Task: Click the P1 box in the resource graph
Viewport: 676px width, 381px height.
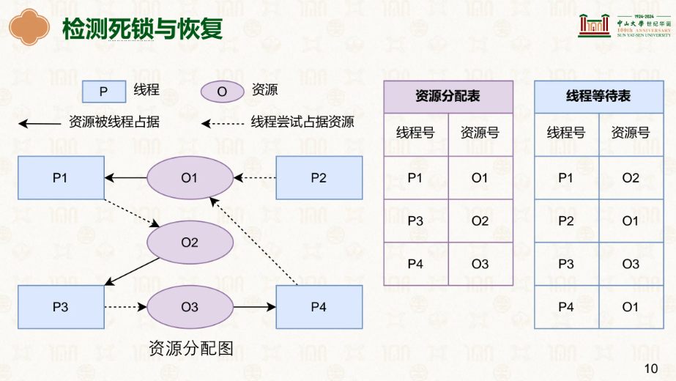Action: pyautogui.click(x=61, y=178)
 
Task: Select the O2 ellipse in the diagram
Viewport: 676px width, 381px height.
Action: pyautogui.click(x=190, y=243)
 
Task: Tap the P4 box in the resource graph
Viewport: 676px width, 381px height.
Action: pyautogui.click(x=319, y=307)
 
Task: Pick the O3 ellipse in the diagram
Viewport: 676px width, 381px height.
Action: pyautogui.click(x=190, y=307)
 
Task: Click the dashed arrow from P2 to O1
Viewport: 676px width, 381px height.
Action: pyautogui.click(x=255, y=178)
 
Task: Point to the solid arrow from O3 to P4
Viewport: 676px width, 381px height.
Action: pyautogui.click(x=255, y=307)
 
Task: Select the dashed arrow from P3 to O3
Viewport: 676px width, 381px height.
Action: pyautogui.click(x=125, y=307)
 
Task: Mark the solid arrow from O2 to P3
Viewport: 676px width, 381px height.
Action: pyautogui.click(x=132, y=272)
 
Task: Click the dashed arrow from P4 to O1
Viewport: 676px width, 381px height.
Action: pyautogui.click(x=253, y=241)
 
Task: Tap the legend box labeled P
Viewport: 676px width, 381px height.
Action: pyautogui.click(x=104, y=92)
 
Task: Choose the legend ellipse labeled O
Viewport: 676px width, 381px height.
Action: pyautogui.click(x=223, y=92)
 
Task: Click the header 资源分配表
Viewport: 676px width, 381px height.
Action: pyautogui.click(x=448, y=97)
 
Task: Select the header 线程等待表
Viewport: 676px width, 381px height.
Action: pyautogui.click(x=599, y=97)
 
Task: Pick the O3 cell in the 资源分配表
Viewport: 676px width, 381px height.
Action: pyautogui.click(x=480, y=264)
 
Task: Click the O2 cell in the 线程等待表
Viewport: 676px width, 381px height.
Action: pyautogui.click(x=631, y=178)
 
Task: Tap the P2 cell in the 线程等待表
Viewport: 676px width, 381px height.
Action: pyautogui.click(x=566, y=221)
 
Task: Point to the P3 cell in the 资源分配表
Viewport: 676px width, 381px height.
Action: pyautogui.click(x=416, y=221)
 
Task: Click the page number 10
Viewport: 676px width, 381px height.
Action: pyautogui.click(x=651, y=369)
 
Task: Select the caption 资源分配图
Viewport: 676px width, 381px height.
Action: pyautogui.click(x=191, y=348)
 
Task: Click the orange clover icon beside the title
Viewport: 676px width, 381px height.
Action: pyautogui.click(x=29, y=27)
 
